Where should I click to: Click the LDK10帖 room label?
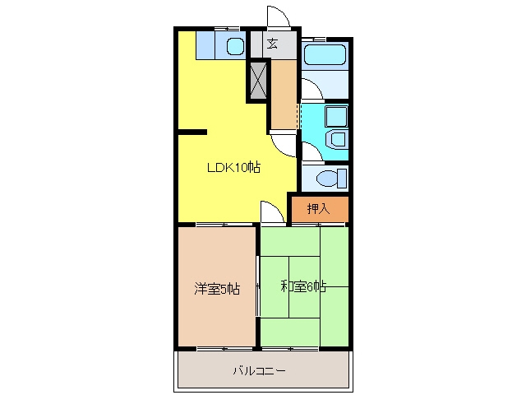click(233, 167)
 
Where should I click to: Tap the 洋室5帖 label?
click(217, 289)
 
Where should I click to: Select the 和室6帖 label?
click(303, 286)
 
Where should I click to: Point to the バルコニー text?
click(260, 371)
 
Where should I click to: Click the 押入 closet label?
click(318, 209)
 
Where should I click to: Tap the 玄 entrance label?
click(272, 44)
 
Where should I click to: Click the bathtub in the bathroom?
click(325, 54)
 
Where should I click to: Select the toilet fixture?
click(331, 178)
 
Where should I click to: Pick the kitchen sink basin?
click(235, 46)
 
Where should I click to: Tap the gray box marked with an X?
click(258, 81)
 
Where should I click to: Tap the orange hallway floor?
click(284, 95)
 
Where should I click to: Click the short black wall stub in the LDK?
click(192, 132)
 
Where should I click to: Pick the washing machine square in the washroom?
click(336, 117)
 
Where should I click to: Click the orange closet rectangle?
click(320, 209)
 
